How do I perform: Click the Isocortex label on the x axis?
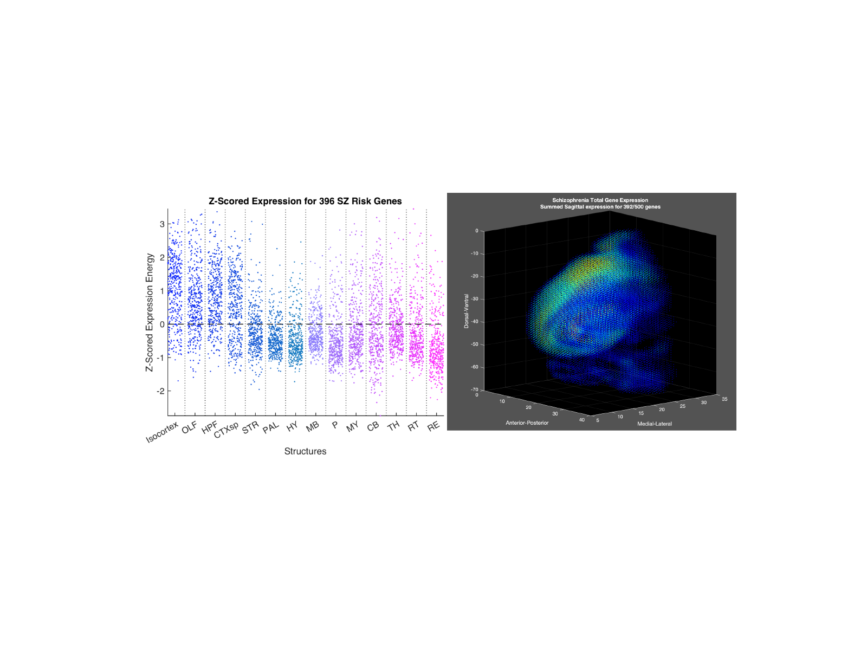[x=162, y=432]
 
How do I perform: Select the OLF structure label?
[x=189, y=428]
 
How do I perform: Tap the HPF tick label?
[x=209, y=427]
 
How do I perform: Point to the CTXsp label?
[x=227, y=430]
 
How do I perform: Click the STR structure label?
[x=250, y=428]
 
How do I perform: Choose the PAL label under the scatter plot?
[x=271, y=427]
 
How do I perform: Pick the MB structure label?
[x=313, y=427]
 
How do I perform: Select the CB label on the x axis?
[x=373, y=426]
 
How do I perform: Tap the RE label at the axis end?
[x=433, y=427]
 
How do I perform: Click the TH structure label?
[x=393, y=426]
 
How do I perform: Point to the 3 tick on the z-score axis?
[x=162, y=224]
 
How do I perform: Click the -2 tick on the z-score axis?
[x=160, y=391]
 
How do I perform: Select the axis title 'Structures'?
[x=305, y=451]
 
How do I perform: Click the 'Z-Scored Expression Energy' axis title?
[x=150, y=312]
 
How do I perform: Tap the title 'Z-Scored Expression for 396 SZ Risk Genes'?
[x=305, y=201]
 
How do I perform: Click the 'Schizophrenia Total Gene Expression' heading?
[x=600, y=200]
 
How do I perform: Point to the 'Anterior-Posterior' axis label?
[x=527, y=422]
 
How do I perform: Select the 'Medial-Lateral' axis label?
[x=654, y=424]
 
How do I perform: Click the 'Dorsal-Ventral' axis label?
[x=466, y=311]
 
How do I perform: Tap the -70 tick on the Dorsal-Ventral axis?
[x=475, y=389]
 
